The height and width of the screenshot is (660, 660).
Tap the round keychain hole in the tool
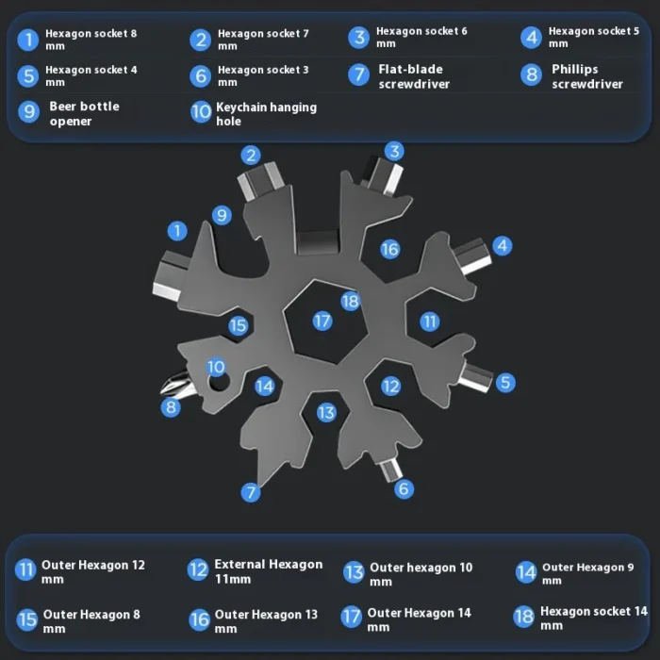coord(219,382)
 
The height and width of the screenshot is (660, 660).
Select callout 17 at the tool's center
coord(322,322)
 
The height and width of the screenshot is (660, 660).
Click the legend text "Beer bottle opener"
coord(84,114)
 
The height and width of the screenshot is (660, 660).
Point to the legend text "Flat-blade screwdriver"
coord(414,76)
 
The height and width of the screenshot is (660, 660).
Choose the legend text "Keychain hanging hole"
coord(266,114)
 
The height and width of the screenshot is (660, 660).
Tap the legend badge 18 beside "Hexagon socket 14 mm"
coord(523,617)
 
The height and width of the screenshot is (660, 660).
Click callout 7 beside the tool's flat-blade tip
coord(251,492)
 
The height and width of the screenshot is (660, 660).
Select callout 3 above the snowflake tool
coord(394,152)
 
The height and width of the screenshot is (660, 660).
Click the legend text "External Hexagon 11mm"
coord(269,571)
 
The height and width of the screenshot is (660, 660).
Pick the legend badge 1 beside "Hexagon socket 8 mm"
coord(28,40)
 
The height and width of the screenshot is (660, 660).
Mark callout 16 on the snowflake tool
coord(389,249)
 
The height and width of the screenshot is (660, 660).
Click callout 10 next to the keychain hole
coord(216,367)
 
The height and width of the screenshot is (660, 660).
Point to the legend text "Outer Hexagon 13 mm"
coord(266,620)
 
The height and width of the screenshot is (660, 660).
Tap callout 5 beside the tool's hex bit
coord(505,383)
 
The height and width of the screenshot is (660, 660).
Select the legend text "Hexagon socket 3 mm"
coord(263,75)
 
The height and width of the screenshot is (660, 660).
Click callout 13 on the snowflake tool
coord(326,413)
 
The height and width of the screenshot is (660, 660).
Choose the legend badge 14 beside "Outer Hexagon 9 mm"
coord(526,572)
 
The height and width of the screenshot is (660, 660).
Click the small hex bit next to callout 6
coord(391,470)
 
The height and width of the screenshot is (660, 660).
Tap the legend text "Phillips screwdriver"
coord(587,76)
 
